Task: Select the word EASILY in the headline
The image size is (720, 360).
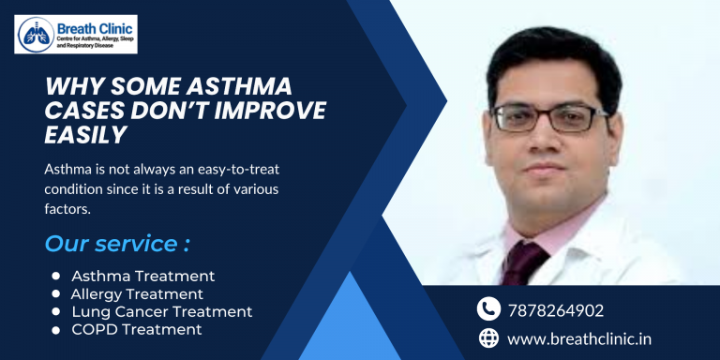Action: [x=85, y=135]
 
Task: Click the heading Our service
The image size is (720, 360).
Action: [x=117, y=244]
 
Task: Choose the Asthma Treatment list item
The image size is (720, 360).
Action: [x=143, y=276]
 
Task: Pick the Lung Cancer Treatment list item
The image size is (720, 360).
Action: [x=162, y=311]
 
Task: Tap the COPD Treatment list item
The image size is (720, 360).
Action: [x=137, y=329]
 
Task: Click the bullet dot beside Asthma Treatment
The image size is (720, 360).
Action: [x=56, y=277]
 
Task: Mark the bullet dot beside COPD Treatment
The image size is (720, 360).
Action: [x=56, y=330]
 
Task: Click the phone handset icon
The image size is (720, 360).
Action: [x=488, y=308]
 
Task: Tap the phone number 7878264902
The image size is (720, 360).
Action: [x=556, y=309]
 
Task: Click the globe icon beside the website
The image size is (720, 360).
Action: [x=488, y=337]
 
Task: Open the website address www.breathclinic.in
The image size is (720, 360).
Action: [x=580, y=337]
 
